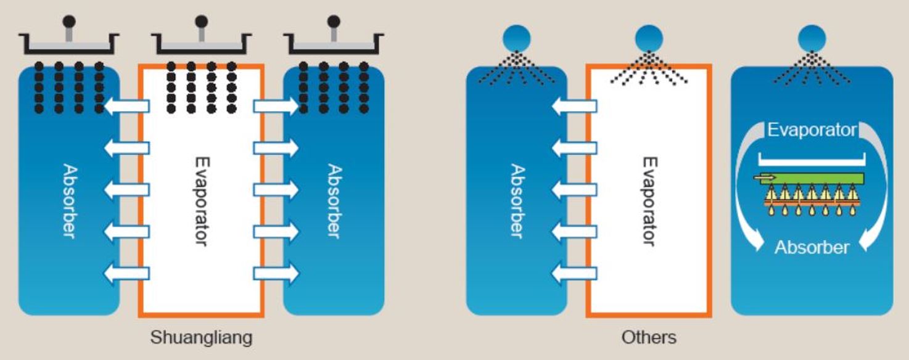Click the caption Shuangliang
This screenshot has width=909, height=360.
pyautogui.click(x=201, y=338)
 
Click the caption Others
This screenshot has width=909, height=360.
pyautogui.click(x=649, y=338)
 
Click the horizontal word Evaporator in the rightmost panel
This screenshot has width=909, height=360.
pyautogui.click(x=812, y=130)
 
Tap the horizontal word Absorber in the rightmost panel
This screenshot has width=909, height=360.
pyautogui.click(x=812, y=248)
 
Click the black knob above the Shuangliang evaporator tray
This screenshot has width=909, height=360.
pyautogui.click(x=201, y=22)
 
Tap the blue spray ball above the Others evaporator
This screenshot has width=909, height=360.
pyautogui.click(x=649, y=38)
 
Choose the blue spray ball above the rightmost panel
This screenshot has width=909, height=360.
pyautogui.click(x=812, y=38)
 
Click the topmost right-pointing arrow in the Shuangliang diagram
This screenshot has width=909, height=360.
pyautogui.click(x=276, y=107)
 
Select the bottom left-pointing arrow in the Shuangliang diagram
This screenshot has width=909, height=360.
pyautogui.click(x=126, y=272)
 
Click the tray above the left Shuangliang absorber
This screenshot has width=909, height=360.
pyautogui.click(x=68, y=44)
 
